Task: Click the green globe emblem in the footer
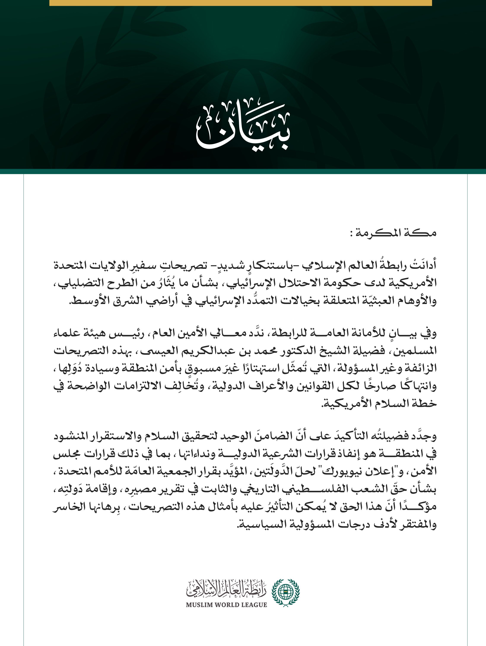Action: click(x=286, y=592)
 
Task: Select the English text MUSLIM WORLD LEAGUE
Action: click(x=227, y=605)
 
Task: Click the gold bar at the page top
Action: click(x=240, y=3)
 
